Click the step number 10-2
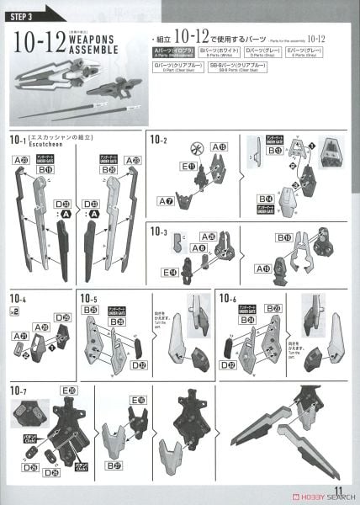tap(159, 139)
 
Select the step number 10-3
tap(159, 231)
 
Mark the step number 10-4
tap(18, 299)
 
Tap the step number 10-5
tap(89, 299)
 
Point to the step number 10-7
tap(18, 391)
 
